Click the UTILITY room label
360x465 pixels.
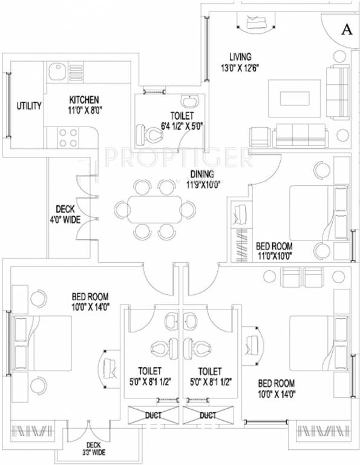tap(28, 106)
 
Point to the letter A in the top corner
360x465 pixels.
tap(346, 28)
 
